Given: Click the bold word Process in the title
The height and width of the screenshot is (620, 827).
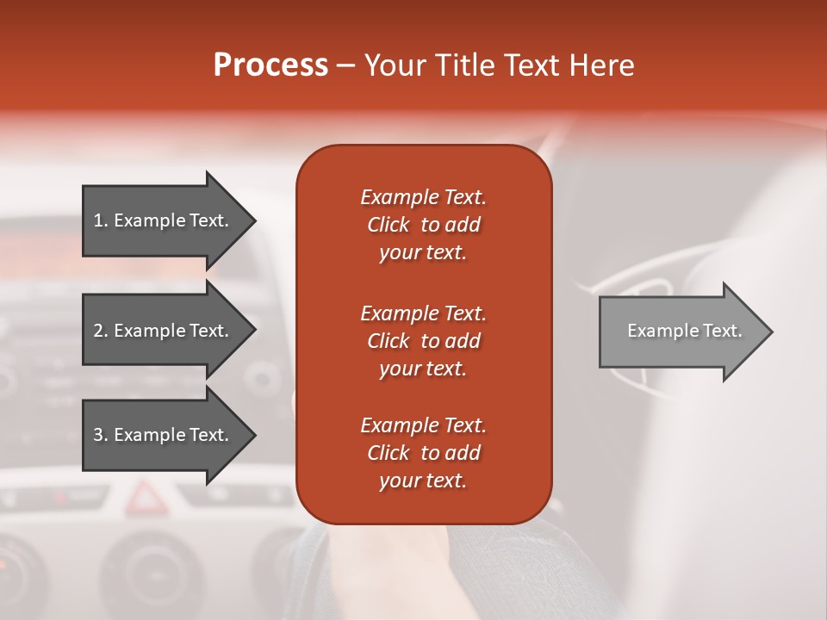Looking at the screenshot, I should point(270,65).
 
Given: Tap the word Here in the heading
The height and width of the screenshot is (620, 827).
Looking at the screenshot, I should point(600,65).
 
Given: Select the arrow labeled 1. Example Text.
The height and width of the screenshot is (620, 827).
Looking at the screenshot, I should point(164,220).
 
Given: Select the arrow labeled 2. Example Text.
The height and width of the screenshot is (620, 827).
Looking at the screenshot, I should point(164,331).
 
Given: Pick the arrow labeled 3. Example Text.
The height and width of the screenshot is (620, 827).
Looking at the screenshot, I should point(164,435).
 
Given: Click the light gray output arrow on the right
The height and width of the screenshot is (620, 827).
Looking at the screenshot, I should point(681,332).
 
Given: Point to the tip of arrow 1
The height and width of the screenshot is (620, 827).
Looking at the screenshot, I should point(254,220).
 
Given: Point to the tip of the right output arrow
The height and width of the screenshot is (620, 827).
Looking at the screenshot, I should point(771,332).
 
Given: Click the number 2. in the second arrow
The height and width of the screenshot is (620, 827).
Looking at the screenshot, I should point(101,331).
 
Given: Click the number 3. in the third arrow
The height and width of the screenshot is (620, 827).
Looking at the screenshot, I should point(101,435).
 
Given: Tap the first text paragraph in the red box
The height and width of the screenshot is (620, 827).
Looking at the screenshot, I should point(423,225).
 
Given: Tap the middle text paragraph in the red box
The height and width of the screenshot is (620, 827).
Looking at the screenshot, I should point(423,340).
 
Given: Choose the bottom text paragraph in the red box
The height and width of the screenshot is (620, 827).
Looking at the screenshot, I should point(423,453).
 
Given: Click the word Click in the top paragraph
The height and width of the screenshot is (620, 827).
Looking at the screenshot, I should point(388,225).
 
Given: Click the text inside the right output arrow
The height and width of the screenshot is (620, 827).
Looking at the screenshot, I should point(684,331).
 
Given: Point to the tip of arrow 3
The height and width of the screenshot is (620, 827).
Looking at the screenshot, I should point(254,435).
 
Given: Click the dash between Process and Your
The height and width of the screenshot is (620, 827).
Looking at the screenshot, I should point(345,65).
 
